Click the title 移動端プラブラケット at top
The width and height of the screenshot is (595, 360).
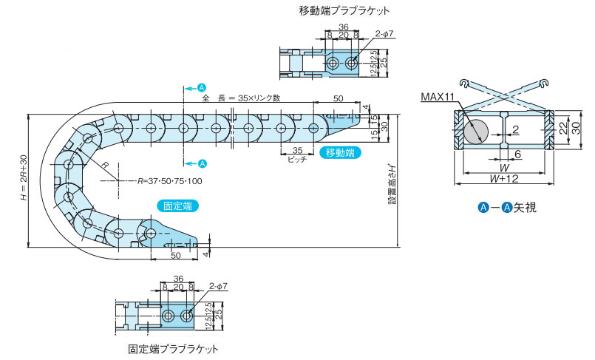(344, 11)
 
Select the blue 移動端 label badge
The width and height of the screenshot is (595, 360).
(339, 153)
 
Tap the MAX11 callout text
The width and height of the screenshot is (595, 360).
(439, 97)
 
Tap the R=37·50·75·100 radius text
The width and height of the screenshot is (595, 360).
(169, 180)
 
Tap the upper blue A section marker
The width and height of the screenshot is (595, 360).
(203, 86)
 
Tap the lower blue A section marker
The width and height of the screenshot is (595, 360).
(203, 163)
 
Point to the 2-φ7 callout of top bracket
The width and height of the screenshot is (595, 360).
(385, 33)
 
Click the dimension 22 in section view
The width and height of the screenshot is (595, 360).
(563, 129)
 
